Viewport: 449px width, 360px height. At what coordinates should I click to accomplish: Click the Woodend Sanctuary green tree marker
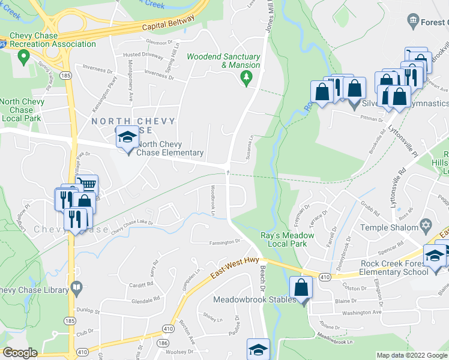click(x=246, y=77)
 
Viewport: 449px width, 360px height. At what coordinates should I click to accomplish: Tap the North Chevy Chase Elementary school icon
click(x=127, y=139)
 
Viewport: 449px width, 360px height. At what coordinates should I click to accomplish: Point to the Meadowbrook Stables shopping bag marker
click(x=301, y=287)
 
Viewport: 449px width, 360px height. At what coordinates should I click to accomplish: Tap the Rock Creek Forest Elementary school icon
click(x=435, y=256)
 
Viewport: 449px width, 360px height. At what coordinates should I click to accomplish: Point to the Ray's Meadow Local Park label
click(x=284, y=239)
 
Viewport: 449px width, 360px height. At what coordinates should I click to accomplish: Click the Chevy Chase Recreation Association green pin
click(x=24, y=58)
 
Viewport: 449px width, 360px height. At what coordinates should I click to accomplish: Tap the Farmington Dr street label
click(x=224, y=242)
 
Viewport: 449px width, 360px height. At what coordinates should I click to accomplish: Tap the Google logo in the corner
click(x=20, y=353)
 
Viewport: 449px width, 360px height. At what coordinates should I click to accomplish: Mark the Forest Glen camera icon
click(x=413, y=23)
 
